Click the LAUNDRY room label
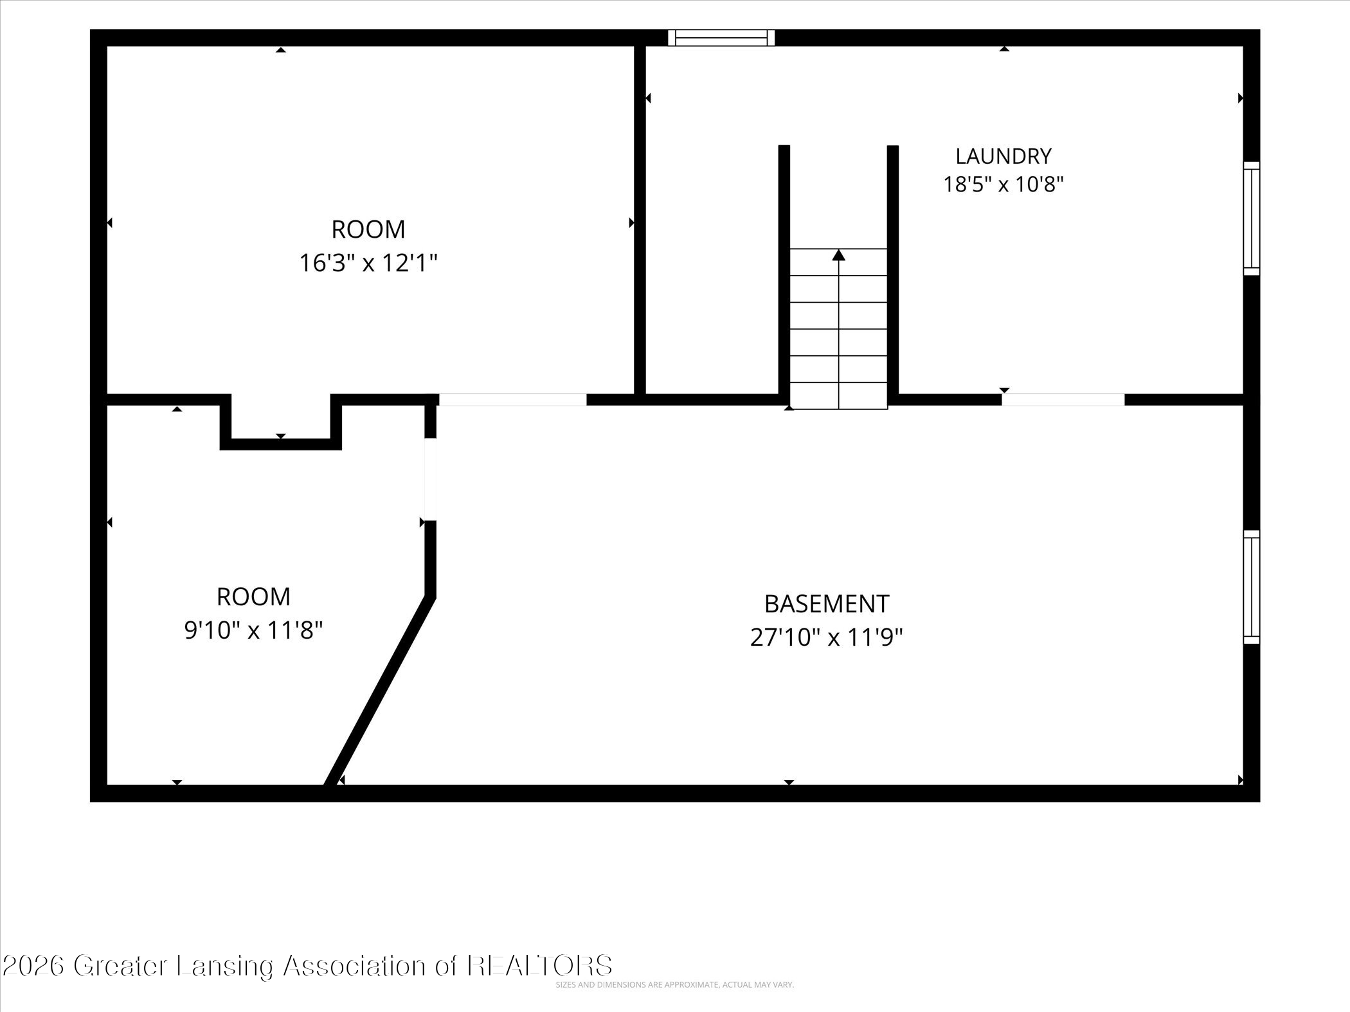pyautogui.click(x=1003, y=156)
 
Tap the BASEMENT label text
pyautogui.click(x=826, y=604)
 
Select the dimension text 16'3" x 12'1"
pyautogui.click(x=368, y=263)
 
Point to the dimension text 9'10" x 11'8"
pyautogui.click(x=253, y=630)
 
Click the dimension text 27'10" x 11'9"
pyautogui.click(x=827, y=637)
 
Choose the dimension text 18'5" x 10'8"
pyautogui.click(x=1003, y=184)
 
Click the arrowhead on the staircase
pyautogui.click(x=838, y=255)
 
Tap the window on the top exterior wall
pyautogui.click(x=721, y=38)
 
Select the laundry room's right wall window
pyautogui.click(x=1251, y=218)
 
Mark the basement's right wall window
pyautogui.click(x=1251, y=587)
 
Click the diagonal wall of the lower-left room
pyautogui.click(x=379, y=692)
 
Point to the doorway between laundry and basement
pyautogui.click(x=1063, y=399)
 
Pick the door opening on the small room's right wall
pyautogui.click(x=431, y=479)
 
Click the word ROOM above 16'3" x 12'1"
pyautogui.click(x=368, y=229)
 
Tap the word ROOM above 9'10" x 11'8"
pyautogui.click(x=253, y=597)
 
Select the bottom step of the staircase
pyautogui.click(x=838, y=396)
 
